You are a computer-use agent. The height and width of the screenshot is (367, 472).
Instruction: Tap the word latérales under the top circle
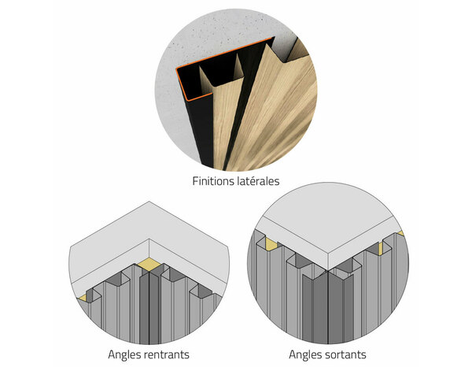point(257,181)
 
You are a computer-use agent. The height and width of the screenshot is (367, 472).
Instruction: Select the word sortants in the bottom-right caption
point(342,355)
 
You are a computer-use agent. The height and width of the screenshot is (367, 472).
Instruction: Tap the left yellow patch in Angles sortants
point(270,238)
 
